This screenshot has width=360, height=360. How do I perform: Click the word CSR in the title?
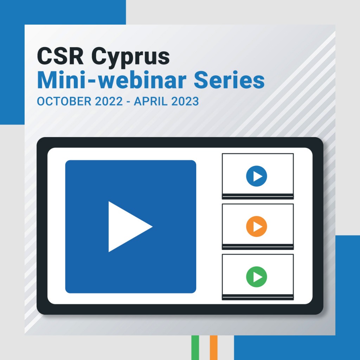pyautogui.click(x=60, y=56)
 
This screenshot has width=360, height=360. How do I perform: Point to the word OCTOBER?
pyautogui.click(x=64, y=101)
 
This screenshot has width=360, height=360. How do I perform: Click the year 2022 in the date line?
pyautogui.click(x=109, y=101)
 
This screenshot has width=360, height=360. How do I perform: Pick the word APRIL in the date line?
pyautogui.click(x=150, y=101)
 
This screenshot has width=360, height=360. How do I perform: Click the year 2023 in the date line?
pyautogui.click(x=185, y=101)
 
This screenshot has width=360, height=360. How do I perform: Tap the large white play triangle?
pyautogui.click(x=126, y=227)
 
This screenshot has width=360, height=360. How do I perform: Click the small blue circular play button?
pyautogui.click(x=256, y=176)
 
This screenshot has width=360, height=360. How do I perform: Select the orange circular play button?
pyautogui.click(x=256, y=226)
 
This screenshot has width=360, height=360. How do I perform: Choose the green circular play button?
pyautogui.click(x=256, y=277)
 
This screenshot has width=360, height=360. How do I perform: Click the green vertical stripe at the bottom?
pyautogui.click(x=195, y=348)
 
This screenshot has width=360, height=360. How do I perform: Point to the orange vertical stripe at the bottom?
pyautogui.click(x=213, y=348)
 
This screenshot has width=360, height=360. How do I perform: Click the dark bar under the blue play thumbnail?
pyautogui.click(x=258, y=196)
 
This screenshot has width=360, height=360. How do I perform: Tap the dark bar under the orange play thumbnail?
pyautogui.click(x=258, y=247)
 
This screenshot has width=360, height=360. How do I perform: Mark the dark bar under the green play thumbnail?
pyautogui.click(x=258, y=297)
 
